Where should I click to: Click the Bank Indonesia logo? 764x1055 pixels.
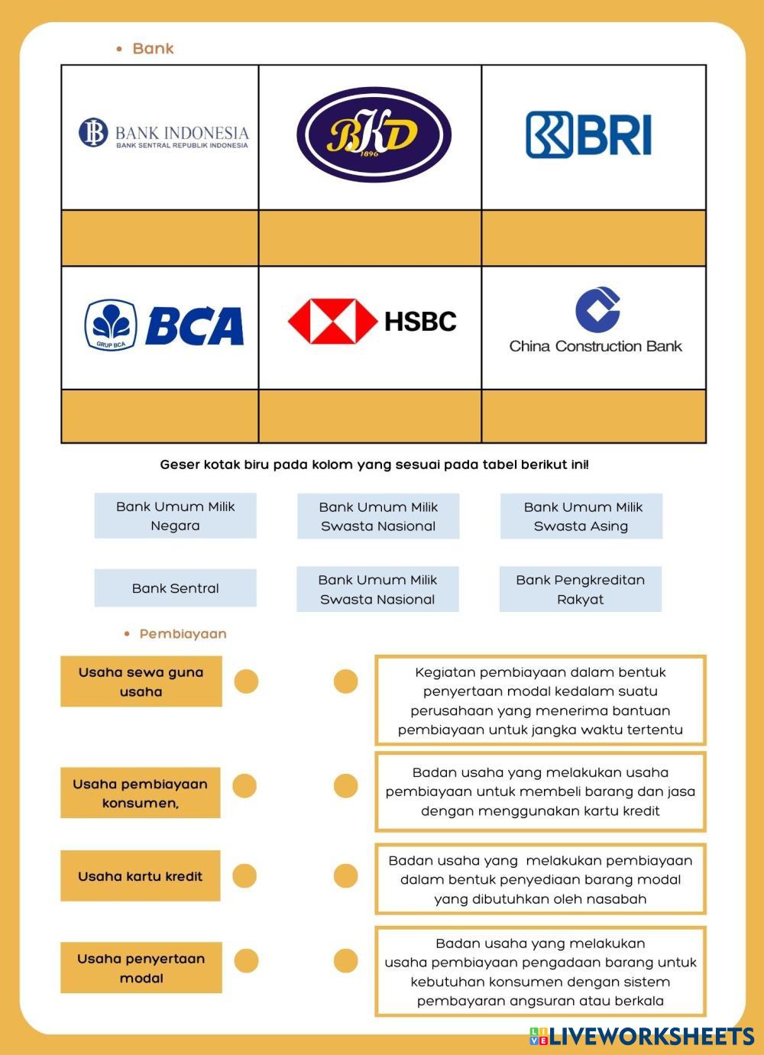coord(163,133)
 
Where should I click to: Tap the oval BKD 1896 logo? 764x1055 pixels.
coord(374,134)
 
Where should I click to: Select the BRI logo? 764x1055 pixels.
coord(588,134)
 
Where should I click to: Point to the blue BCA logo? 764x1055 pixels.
coord(163,325)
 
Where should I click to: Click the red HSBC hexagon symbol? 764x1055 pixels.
coord(332,321)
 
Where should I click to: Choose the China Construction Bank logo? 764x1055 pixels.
coord(595,321)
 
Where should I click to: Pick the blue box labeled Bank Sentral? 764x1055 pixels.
coord(175,588)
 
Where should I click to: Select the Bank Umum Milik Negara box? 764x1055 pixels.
coord(175,516)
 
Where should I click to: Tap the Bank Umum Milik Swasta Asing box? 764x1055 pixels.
coord(581,516)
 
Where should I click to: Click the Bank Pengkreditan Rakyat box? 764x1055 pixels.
coord(580,589)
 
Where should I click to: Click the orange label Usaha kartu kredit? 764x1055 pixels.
coord(141,876)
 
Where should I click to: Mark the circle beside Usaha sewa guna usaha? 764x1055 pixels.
coord(246,681)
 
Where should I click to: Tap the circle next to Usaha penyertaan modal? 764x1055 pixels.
coord(246,960)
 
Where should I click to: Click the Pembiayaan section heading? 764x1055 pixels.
coord(183,634)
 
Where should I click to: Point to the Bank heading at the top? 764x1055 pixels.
coord(153,49)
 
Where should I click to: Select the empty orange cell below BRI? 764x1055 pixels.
coord(594,238)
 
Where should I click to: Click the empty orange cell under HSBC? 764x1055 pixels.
coord(370,416)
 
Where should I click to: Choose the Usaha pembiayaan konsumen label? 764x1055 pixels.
coord(141,793)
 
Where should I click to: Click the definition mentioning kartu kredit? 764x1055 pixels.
coord(540,791)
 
